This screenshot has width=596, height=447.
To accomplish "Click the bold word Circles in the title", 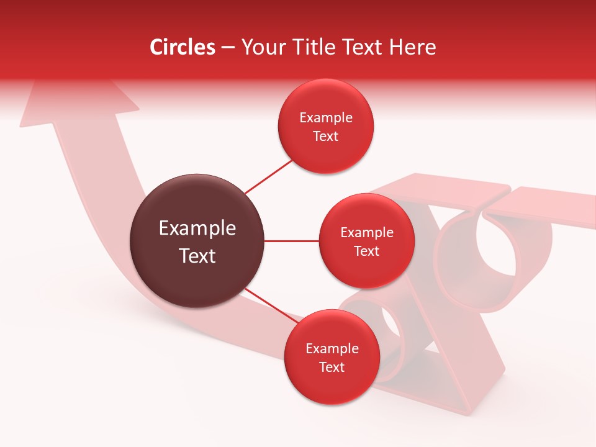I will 182,47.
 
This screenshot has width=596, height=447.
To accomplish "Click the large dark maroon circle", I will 197,241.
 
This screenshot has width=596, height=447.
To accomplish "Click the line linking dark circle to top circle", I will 269,177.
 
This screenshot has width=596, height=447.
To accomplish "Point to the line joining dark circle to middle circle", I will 292,241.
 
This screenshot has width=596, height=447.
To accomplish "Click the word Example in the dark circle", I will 197,228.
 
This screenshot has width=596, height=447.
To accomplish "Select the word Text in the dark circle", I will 197,256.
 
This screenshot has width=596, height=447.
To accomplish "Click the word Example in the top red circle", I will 326,118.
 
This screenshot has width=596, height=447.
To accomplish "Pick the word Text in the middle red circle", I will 366,251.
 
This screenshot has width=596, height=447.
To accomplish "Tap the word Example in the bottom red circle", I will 332,349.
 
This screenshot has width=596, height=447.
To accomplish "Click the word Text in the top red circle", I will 326,137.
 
